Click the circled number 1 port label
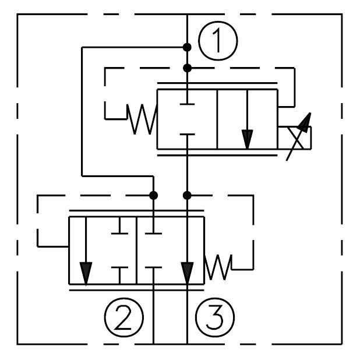(x=218, y=41)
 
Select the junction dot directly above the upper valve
(x=187, y=68)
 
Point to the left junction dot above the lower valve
(x=154, y=194)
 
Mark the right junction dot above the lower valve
(x=187, y=194)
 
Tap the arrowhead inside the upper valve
(x=248, y=139)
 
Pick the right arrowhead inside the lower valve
(x=187, y=272)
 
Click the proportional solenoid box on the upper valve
(x=294, y=137)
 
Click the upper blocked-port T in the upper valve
(x=187, y=103)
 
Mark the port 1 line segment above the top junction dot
(x=187, y=29)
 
